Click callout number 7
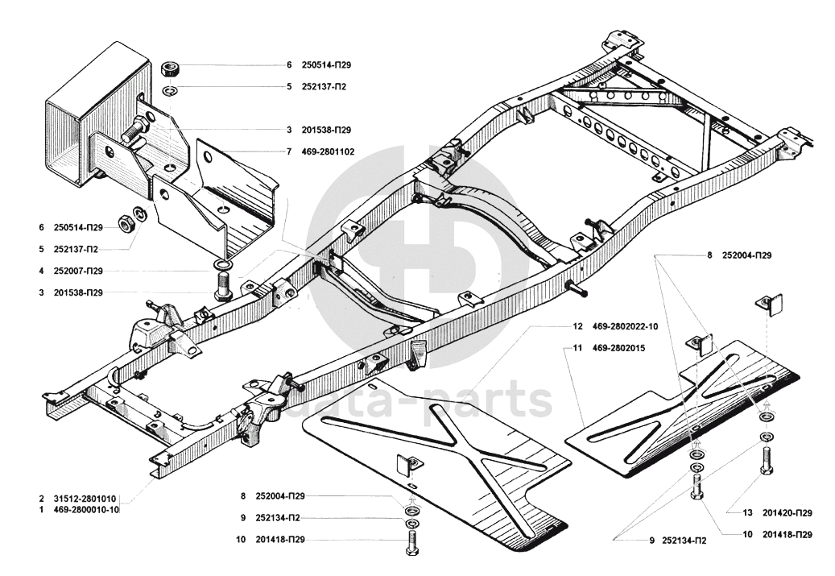coord(287,151)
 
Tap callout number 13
coord(746,512)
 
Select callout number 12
coord(577,327)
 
